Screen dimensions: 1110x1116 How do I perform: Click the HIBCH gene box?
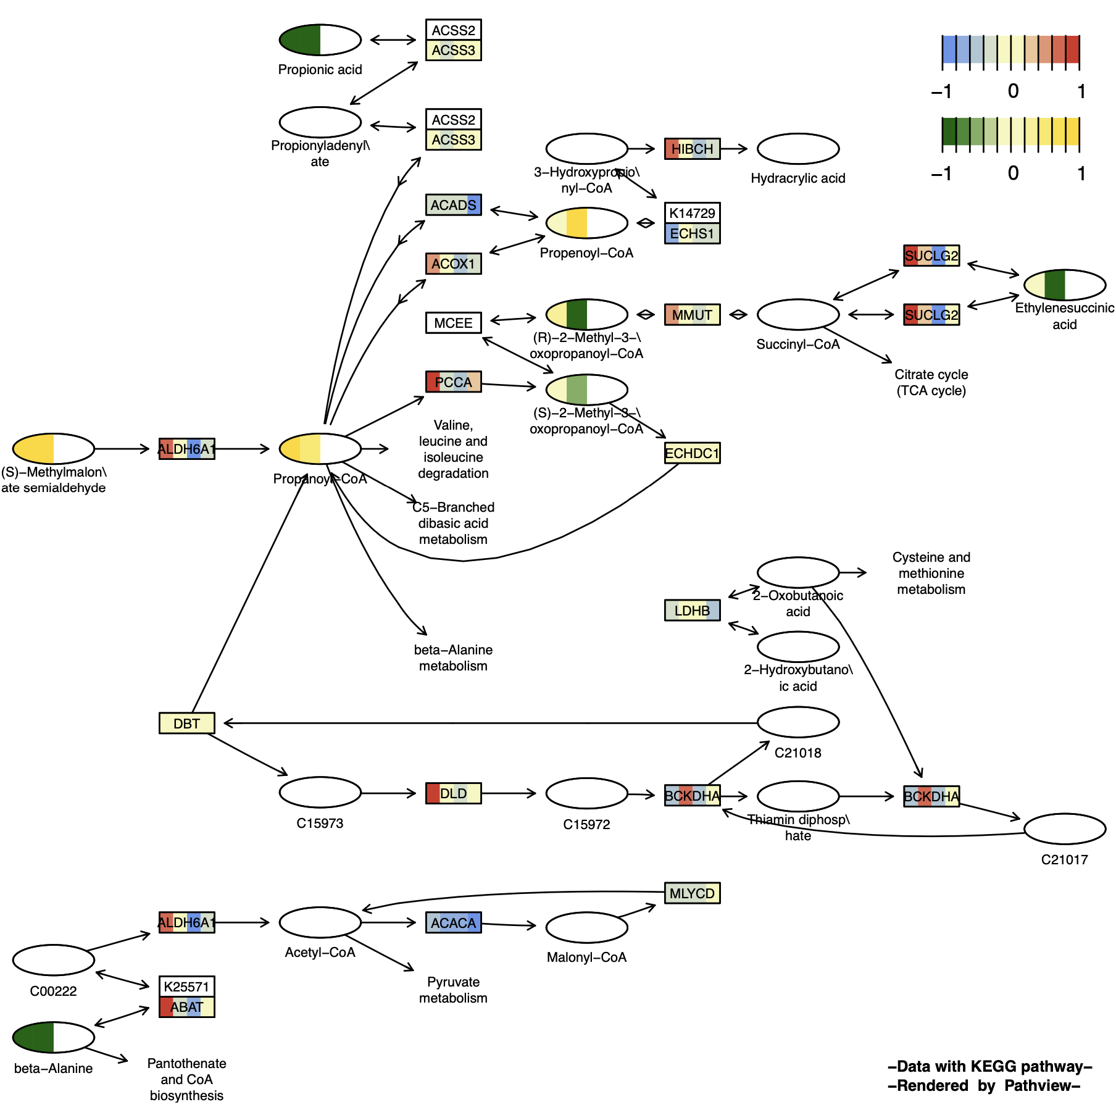(692, 149)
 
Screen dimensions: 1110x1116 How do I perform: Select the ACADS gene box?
(453, 205)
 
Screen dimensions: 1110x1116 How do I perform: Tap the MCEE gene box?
(453, 323)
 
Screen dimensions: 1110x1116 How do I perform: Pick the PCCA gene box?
(453, 382)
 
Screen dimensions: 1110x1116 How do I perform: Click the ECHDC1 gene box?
(692, 453)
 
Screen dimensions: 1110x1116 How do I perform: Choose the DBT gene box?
(186, 723)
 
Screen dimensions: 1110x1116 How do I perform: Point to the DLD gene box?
(453, 793)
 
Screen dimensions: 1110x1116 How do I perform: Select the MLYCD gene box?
(692, 893)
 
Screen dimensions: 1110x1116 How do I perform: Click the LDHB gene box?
(692, 611)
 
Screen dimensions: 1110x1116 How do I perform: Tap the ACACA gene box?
(453, 923)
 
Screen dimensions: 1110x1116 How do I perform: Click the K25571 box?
(186, 987)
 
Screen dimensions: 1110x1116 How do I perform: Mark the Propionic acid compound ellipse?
(320, 40)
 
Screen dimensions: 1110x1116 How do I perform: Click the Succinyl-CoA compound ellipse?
(797, 315)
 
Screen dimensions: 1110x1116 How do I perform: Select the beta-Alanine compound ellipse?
(53, 1037)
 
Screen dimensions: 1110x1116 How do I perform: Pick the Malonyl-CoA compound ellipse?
(586, 927)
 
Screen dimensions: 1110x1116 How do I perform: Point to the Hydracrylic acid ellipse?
(797, 149)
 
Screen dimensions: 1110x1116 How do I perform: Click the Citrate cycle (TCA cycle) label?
(931, 382)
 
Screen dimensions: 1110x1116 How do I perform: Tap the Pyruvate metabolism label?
(453, 990)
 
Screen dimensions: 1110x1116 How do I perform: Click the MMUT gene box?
(692, 315)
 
